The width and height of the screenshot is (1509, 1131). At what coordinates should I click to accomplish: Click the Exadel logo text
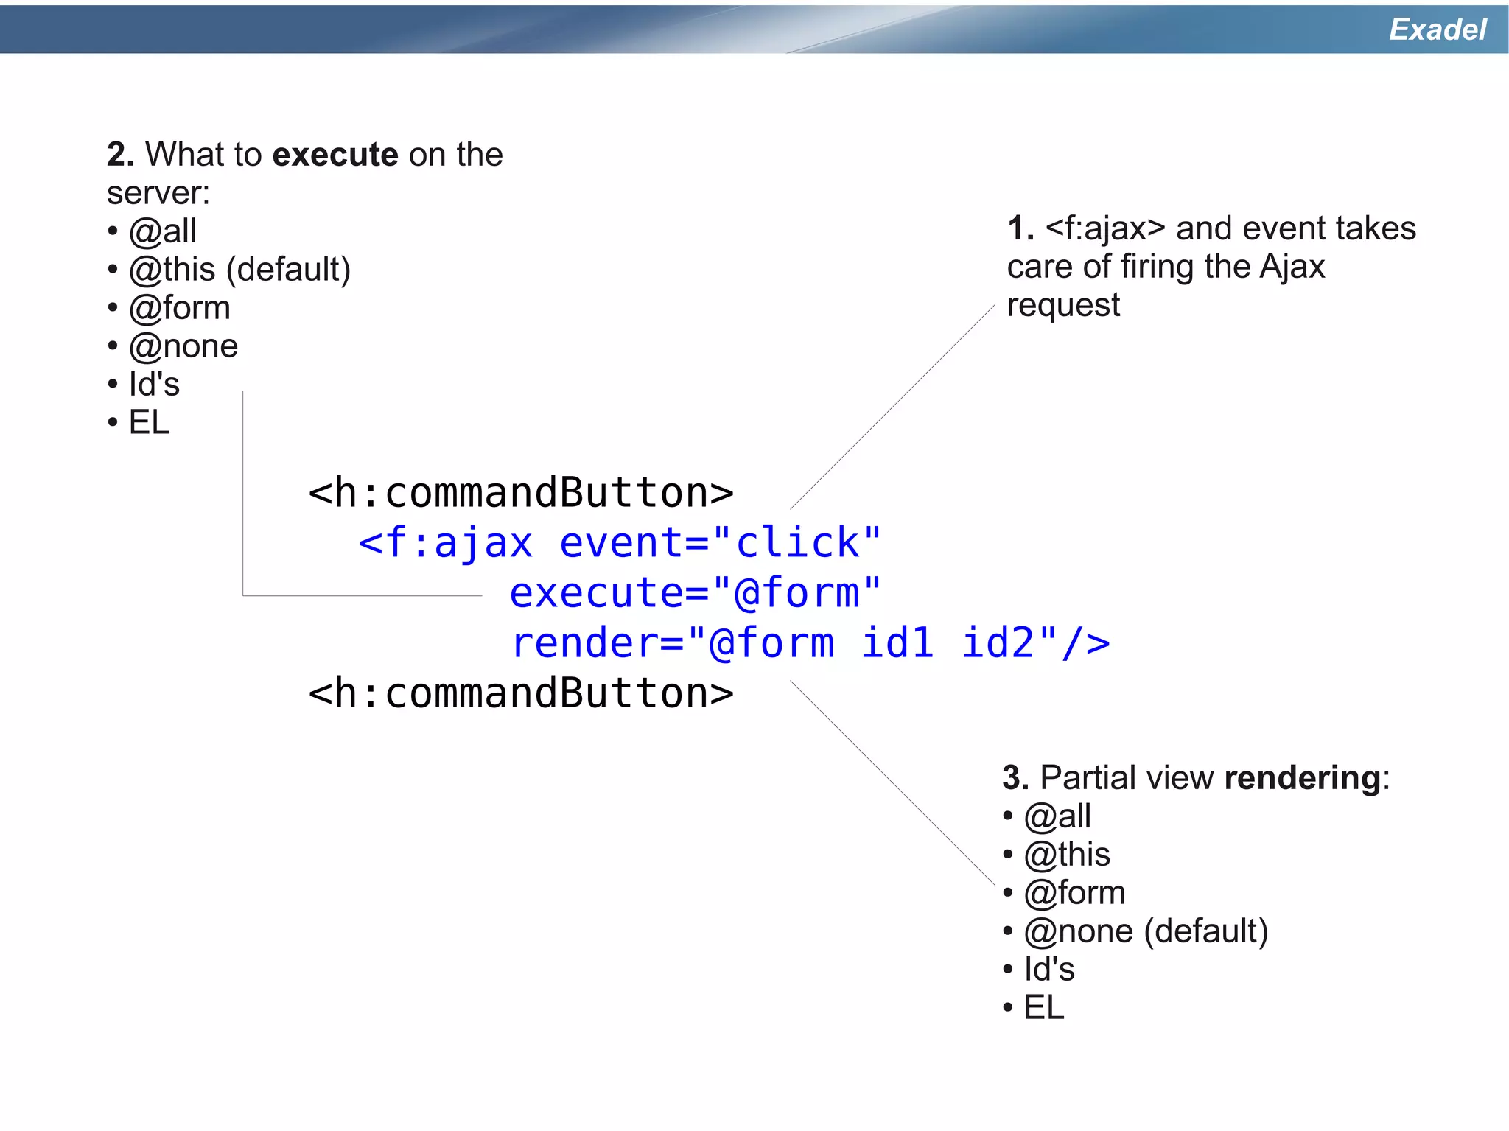coord(1437,29)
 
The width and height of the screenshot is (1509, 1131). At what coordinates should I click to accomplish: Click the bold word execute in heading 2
coord(335,155)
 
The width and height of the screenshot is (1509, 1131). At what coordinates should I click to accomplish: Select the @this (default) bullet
coord(239,270)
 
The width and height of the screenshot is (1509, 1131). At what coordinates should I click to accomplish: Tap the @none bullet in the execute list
coord(183,346)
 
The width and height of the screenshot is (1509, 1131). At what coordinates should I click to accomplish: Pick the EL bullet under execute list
coord(148,423)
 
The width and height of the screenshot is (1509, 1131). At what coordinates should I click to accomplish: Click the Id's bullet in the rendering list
coord(1048,970)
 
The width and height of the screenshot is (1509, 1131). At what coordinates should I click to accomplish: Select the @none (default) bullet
coord(1146,931)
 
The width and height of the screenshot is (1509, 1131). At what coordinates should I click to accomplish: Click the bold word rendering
coord(1302,778)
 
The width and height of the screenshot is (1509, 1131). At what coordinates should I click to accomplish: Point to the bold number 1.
coord(1020,228)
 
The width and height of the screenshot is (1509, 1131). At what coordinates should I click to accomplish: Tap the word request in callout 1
coord(1062,305)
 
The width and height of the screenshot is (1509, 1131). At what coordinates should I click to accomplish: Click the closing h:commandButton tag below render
coord(520,693)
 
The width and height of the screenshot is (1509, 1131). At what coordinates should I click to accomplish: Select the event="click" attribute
coord(720,543)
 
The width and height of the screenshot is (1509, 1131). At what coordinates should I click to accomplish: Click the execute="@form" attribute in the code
coord(695,593)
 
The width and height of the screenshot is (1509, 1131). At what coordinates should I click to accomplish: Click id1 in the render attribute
coord(897,642)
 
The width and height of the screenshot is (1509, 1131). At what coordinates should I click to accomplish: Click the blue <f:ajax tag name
coord(445,543)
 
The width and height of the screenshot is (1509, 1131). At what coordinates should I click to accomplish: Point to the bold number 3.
coord(1015,778)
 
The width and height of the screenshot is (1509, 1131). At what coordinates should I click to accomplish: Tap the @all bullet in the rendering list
coord(1057,816)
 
